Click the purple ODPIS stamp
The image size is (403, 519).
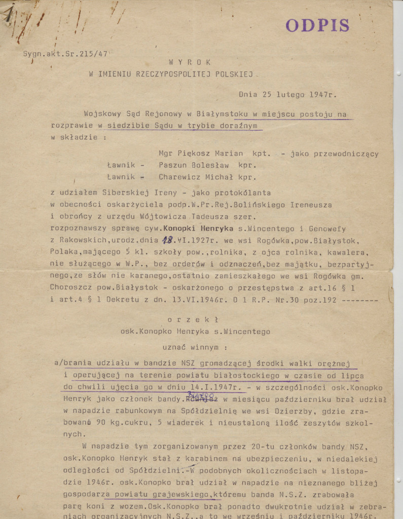317,25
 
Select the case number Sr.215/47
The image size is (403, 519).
89,53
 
